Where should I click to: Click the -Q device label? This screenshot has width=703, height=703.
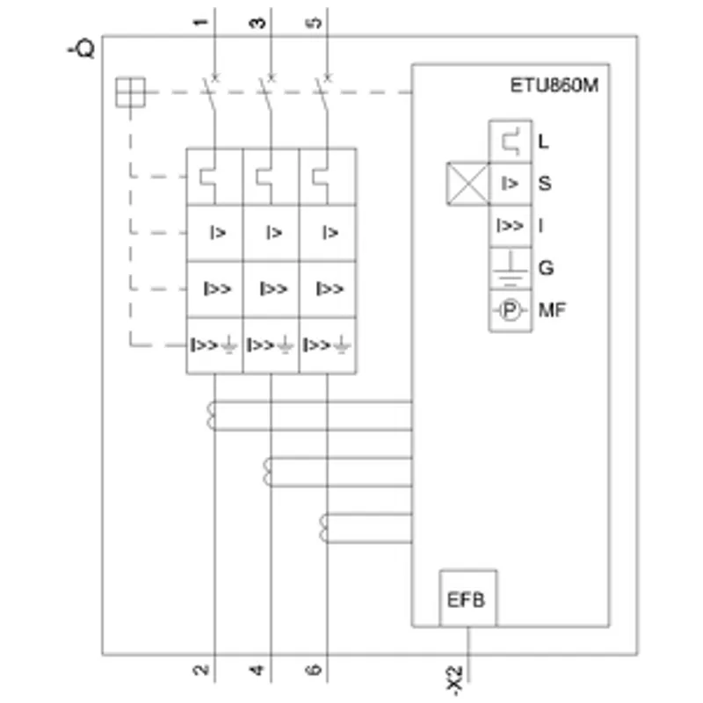(81, 48)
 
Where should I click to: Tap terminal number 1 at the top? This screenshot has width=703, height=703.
(201, 23)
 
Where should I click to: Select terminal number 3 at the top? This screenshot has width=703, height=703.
(257, 23)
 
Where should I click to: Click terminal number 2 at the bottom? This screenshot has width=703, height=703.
(201, 670)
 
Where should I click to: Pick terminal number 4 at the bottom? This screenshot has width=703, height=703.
(257, 670)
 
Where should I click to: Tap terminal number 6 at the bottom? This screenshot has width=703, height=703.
(314, 670)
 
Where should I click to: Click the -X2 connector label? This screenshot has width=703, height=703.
(454, 680)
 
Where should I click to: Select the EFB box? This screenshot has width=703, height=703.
(467, 598)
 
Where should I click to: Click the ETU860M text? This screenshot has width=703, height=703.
(554, 85)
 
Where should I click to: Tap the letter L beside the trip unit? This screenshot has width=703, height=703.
(543, 141)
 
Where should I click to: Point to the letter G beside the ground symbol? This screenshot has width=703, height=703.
(546, 268)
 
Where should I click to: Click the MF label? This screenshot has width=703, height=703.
(553, 310)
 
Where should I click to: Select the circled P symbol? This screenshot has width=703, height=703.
(510, 310)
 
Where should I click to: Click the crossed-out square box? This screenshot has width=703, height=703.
(467, 184)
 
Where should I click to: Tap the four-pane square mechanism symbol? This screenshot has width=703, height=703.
(130, 92)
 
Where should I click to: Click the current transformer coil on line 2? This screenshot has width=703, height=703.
(211, 416)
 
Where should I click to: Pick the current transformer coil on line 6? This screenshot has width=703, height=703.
(323, 528)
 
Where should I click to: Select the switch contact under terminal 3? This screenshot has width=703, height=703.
(266, 93)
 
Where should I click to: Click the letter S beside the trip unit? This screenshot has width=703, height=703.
(545, 184)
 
